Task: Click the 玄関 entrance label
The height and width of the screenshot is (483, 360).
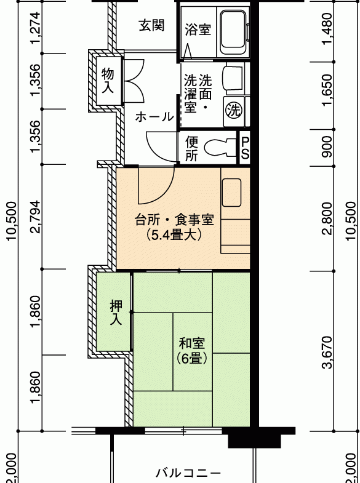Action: coord(151,25)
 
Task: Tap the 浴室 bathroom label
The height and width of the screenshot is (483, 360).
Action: coord(198,30)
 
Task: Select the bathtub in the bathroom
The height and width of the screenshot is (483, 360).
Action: coord(233,30)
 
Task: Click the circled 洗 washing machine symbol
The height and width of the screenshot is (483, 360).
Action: coord(233,110)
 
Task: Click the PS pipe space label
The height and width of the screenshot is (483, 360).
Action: coord(245,148)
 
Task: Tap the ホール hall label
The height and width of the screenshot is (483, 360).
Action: coord(154,117)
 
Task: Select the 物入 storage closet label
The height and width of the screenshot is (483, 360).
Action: coord(108,81)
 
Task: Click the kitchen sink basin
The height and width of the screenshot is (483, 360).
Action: coord(231,193)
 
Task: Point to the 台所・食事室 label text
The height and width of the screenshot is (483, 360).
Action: coord(174,220)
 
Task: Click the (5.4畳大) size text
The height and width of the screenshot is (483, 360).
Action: coord(174,235)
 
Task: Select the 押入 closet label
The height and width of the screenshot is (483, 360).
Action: coord(116,313)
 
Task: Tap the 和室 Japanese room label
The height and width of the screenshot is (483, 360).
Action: coord(191,343)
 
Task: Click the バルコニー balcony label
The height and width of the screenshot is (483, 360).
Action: coord(188,473)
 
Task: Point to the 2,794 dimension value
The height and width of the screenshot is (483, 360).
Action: coord(35,217)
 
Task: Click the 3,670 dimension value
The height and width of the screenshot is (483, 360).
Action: coord(328,352)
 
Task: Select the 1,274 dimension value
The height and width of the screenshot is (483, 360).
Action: coord(35,28)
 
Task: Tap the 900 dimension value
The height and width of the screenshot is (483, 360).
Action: coord(328,146)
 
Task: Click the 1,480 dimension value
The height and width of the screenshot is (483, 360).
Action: coord(328,29)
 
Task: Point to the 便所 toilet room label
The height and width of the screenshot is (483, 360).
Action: coord(191,149)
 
